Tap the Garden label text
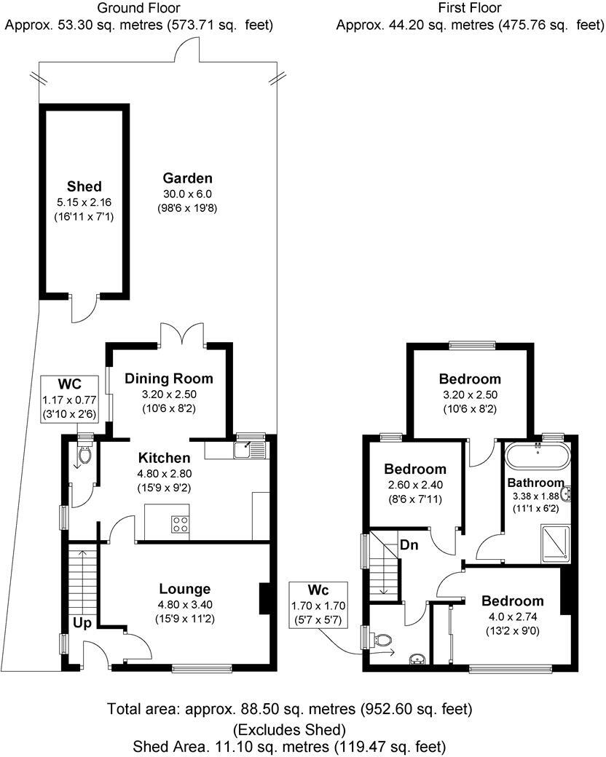point(187,178)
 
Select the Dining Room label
point(168,378)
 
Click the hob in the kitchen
point(179,525)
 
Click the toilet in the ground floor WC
point(84,456)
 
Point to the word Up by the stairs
point(82,623)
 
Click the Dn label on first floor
point(407,545)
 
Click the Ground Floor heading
point(138,9)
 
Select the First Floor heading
point(471,9)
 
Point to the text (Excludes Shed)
point(288,729)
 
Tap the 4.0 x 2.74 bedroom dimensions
point(512,617)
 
